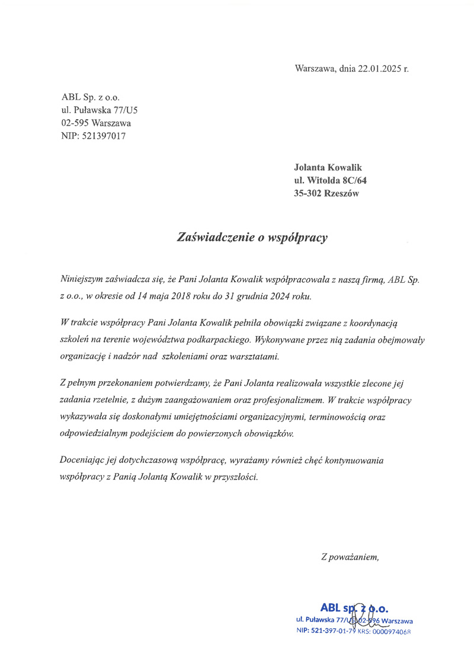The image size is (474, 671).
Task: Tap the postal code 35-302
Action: pos(308,193)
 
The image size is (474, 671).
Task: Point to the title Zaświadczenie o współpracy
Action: pos(252,238)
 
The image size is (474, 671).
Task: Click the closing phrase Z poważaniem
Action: pos(350,557)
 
